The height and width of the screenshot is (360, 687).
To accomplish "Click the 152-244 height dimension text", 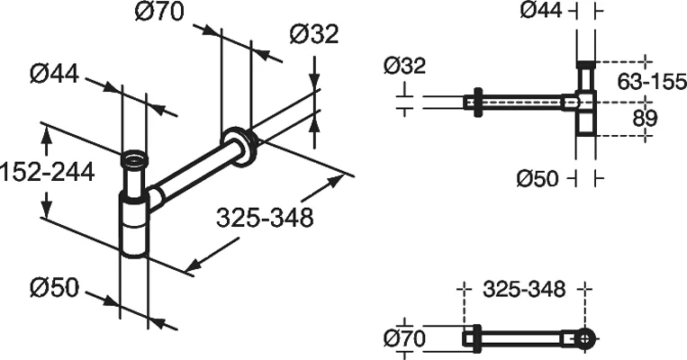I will [47, 171].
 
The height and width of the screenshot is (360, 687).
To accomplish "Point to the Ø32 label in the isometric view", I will [313, 34].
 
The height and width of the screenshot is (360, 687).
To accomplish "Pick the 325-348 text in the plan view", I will [524, 290].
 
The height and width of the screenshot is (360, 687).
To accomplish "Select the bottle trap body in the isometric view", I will [134, 225].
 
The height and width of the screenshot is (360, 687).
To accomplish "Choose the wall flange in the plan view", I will [471, 339].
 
